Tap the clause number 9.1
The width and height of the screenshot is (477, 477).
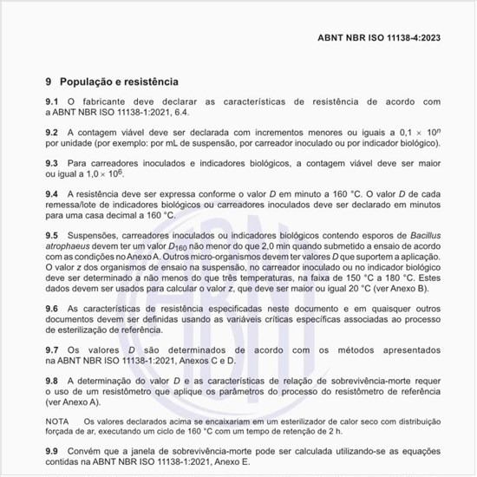(x=52, y=102)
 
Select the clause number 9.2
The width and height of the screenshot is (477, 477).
(x=52, y=133)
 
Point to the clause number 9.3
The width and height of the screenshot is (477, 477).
(x=52, y=163)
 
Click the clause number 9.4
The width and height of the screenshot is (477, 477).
(x=52, y=193)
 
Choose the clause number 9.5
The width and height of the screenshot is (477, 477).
(x=52, y=235)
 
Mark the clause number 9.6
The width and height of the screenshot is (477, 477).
(x=52, y=309)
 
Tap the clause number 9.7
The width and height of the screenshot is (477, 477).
(x=52, y=350)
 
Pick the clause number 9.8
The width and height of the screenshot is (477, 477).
(x=52, y=381)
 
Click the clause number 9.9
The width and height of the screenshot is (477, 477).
(x=52, y=452)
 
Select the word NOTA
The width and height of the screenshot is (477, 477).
(x=57, y=421)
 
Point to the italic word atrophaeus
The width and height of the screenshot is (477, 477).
(x=71, y=245)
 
